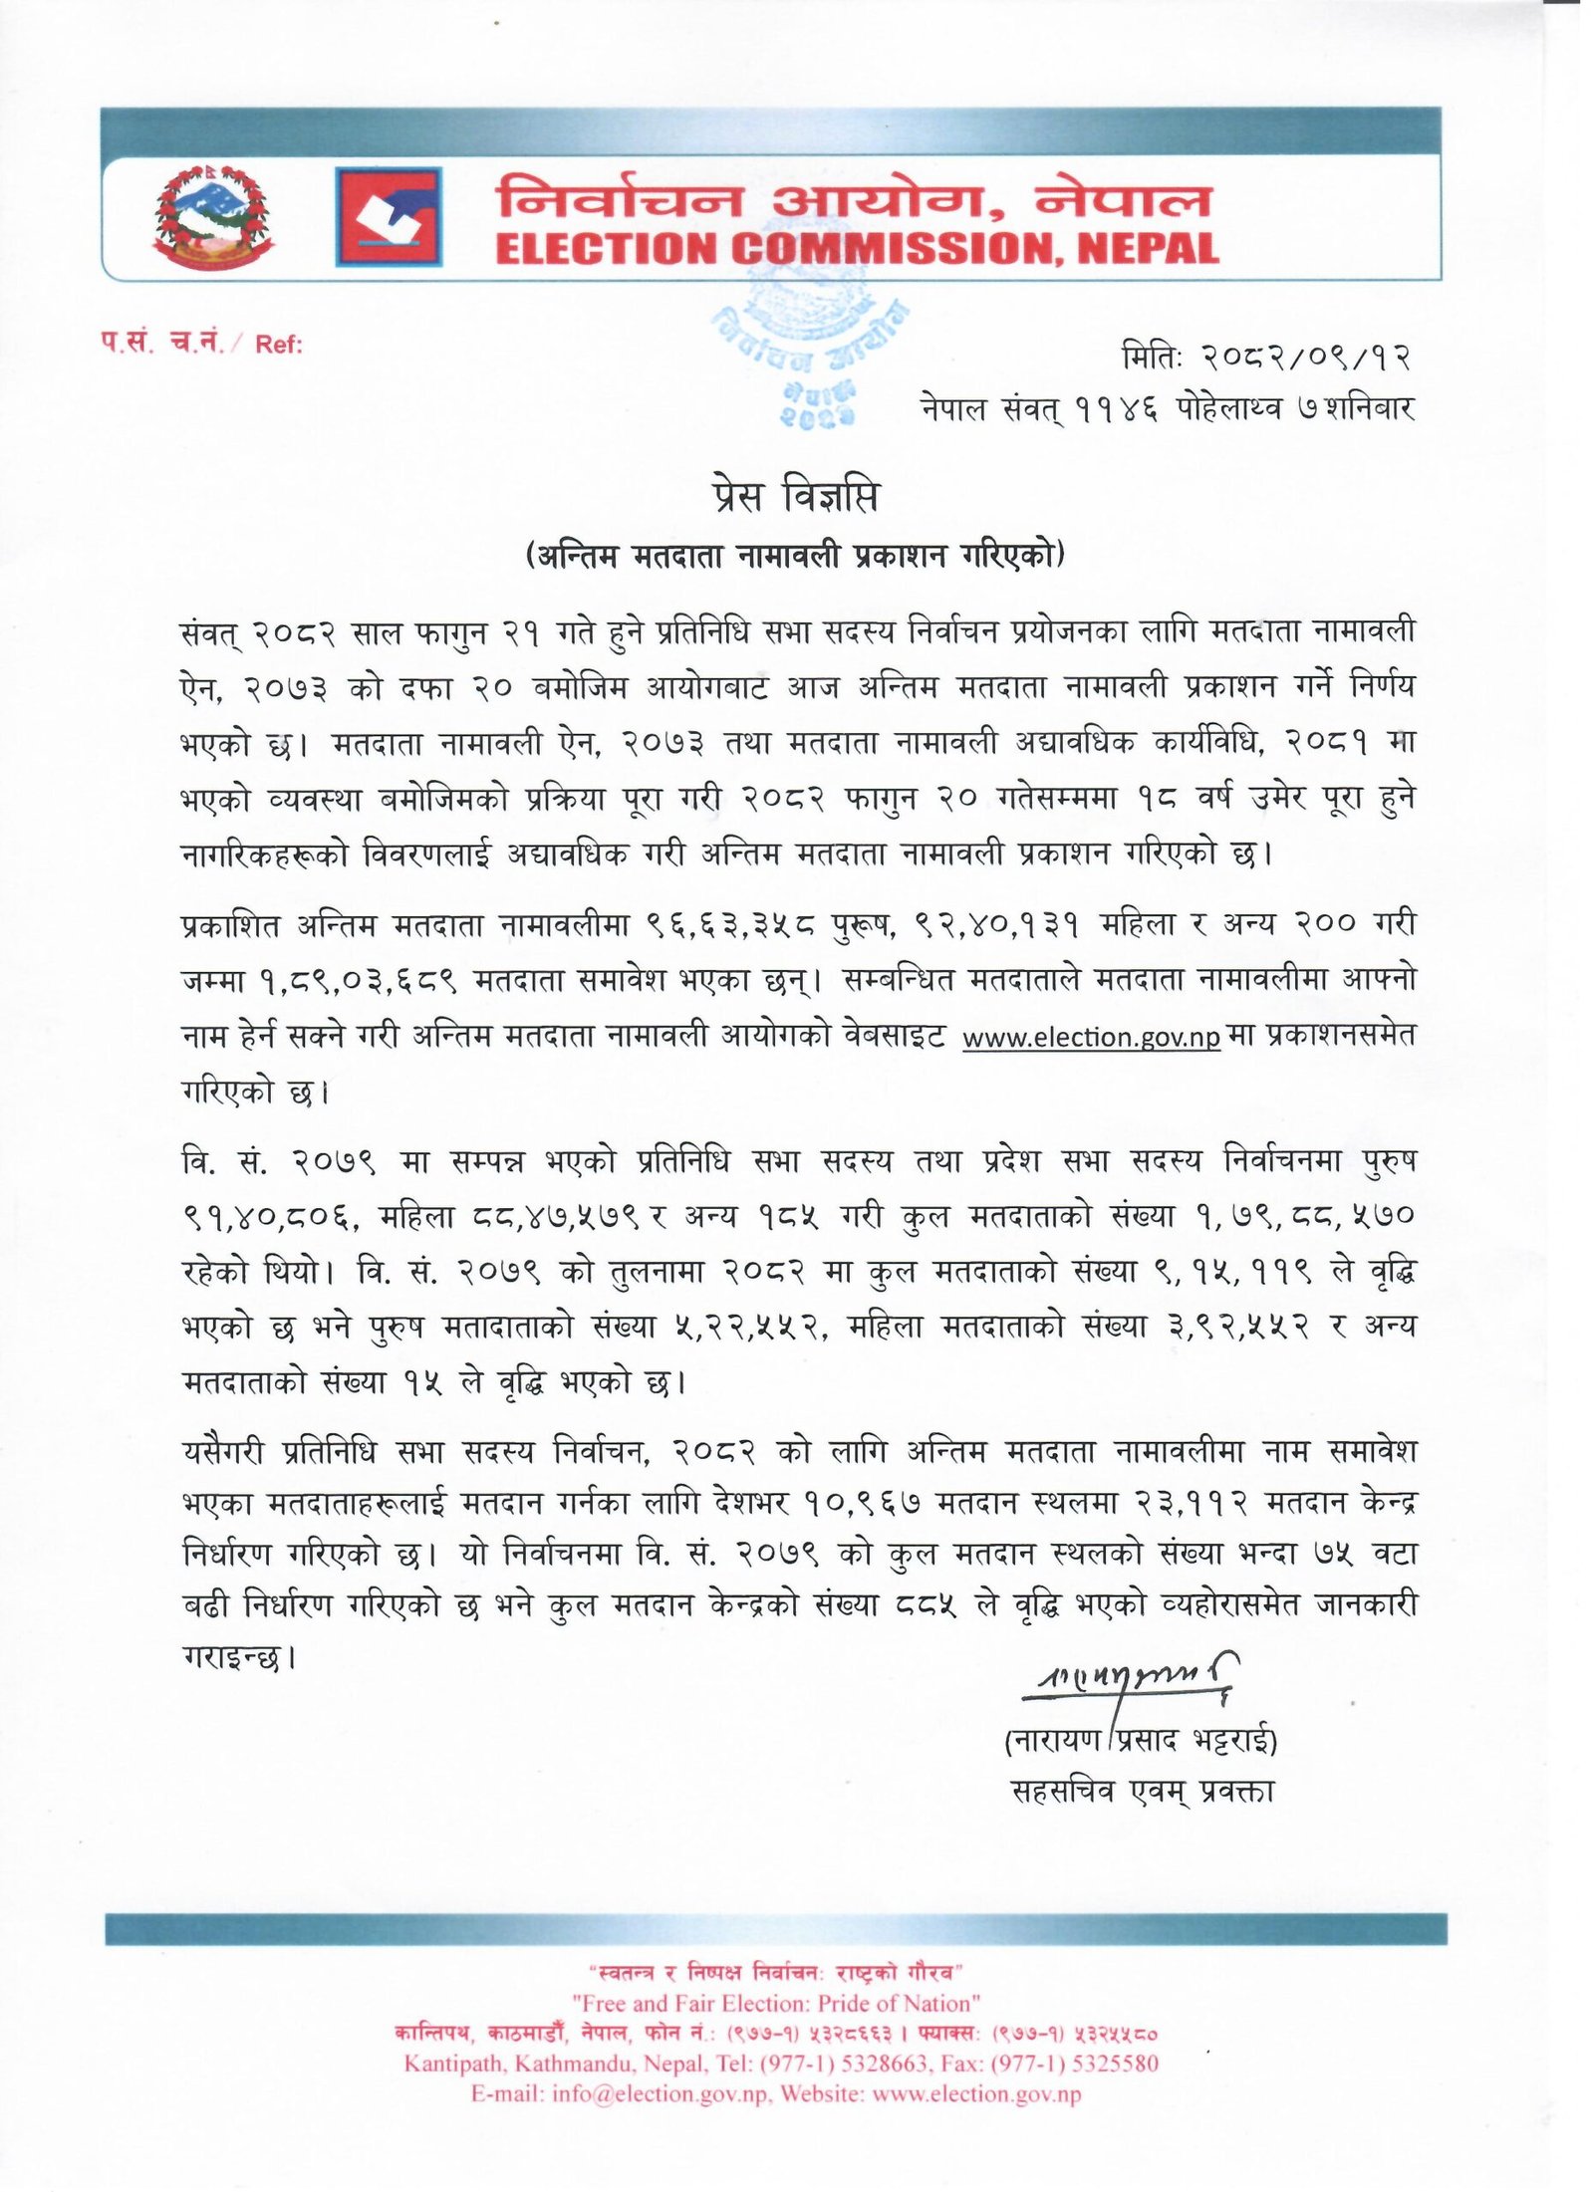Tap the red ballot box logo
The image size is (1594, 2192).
(388, 216)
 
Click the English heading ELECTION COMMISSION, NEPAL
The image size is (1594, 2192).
(857, 249)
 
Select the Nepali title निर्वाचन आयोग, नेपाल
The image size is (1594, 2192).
(854, 197)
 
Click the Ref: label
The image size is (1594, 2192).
(279, 345)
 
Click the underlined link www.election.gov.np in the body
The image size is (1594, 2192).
(1091, 1037)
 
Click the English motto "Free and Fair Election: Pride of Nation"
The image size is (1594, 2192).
(776, 2003)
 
